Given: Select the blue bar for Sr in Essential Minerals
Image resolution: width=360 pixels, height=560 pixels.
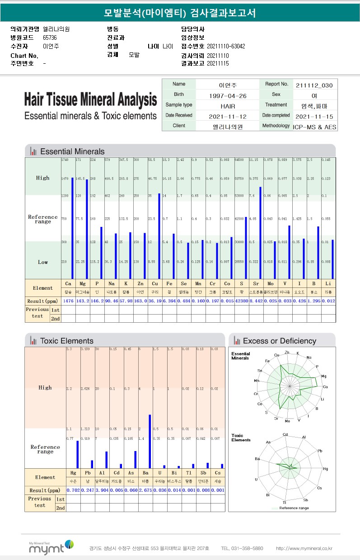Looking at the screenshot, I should pyautogui.click(x=260, y=233).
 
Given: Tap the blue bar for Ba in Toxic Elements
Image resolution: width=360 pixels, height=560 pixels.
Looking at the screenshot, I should pyautogui.click(x=150, y=441).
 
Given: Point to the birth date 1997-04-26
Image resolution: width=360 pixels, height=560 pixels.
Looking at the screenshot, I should pyautogui.click(x=228, y=95).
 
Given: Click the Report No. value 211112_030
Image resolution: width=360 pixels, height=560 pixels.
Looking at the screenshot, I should pyautogui.click(x=314, y=85).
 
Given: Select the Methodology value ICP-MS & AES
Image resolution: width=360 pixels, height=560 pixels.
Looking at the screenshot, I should pyautogui.click(x=314, y=127).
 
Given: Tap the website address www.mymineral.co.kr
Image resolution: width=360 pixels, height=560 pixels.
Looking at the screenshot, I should pyautogui.click(x=304, y=548).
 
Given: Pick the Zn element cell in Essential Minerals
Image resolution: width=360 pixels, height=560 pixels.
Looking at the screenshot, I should pyautogui.click(x=140, y=284).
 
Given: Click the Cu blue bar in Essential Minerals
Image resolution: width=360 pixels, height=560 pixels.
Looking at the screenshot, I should pyautogui.click(x=159, y=236).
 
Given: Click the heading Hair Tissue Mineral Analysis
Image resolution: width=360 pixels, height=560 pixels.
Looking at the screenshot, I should pyautogui.click(x=90, y=99).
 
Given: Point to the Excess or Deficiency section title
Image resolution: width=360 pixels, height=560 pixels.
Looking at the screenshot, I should pyautogui.click(x=279, y=341).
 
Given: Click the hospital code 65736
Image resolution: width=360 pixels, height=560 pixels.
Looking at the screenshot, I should pyautogui.click(x=50, y=38).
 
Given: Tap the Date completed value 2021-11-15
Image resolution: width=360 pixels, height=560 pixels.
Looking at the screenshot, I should pyautogui.click(x=314, y=116).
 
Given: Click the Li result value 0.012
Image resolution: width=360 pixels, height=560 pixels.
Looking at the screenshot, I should pyautogui.click(x=328, y=301).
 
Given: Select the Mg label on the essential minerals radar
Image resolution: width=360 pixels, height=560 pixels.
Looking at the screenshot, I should pyautogui.click(x=323, y=376).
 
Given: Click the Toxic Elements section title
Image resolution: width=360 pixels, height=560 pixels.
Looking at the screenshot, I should pyautogui.click(x=66, y=341).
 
